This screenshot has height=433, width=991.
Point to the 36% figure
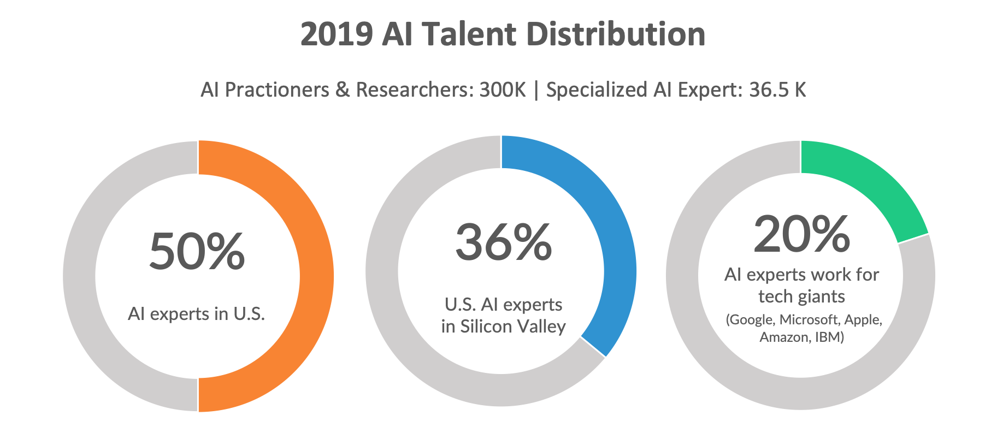[x=503, y=242]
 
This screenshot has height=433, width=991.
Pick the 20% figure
[x=801, y=234]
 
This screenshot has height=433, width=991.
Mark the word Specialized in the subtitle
[x=597, y=90]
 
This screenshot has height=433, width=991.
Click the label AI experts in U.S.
[x=196, y=314]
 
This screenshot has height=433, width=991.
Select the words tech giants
[x=801, y=296]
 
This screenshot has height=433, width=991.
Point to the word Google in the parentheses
[x=751, y=319]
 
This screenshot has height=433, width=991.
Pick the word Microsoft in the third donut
[x=810, y=319]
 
